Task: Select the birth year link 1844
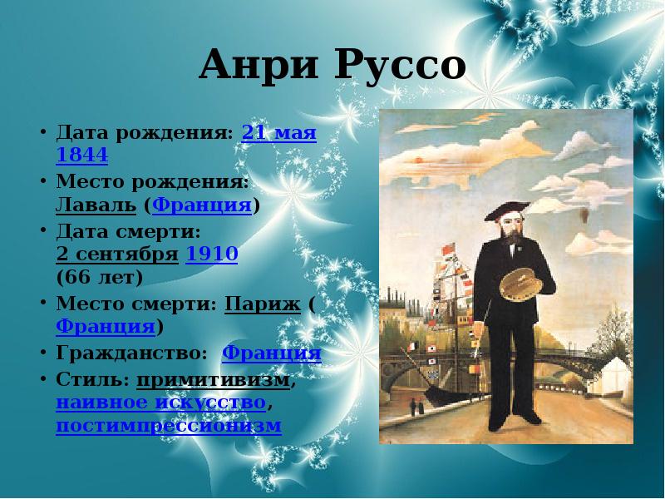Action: pyautogui.click(x=82, y=155)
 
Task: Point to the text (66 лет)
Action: pyautogui.click(x=100, y=276)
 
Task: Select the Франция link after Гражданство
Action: pyautogui.click(x=271, y=353)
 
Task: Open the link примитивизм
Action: pyautogui.click(x=214, y=379)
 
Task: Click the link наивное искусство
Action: pyautogui.click(x=161, y=403)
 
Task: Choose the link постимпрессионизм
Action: pyautogui.click(x=169, y=426)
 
